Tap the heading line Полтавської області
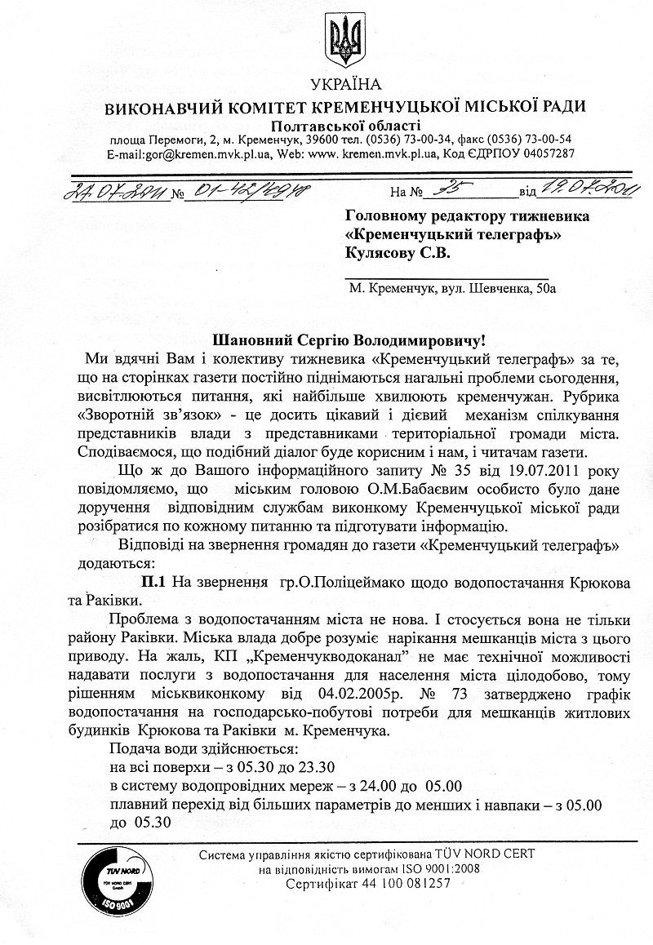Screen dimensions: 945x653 point(347,125)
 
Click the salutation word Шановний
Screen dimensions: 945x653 point(245,339)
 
